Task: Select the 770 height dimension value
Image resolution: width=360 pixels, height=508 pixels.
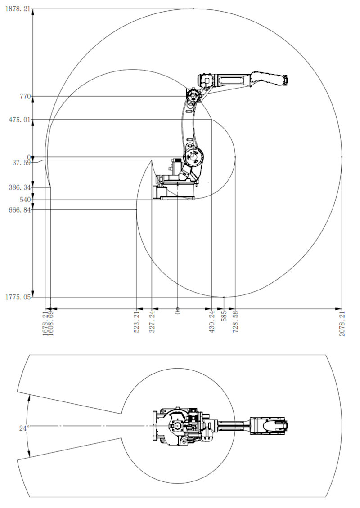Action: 25,96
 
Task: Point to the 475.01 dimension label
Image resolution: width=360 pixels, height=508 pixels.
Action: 20,120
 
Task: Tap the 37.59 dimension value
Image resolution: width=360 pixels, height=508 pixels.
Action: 22,163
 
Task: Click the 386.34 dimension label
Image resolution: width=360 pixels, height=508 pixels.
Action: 20,187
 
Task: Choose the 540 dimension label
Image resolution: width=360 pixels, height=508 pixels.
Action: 25,200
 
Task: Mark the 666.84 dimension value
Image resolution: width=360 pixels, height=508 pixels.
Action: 20,210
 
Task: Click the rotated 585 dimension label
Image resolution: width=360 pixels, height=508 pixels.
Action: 224,316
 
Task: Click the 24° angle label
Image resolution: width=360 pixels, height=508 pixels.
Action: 24,428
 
